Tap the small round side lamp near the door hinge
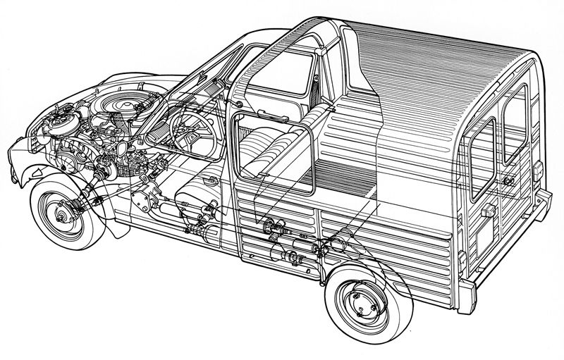pos(238,106)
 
